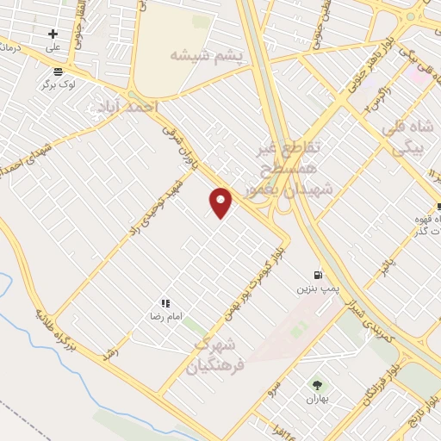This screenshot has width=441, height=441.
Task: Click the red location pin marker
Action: coord(221,202)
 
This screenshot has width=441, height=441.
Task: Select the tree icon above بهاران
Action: coord(317,384)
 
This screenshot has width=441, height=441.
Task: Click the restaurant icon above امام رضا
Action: coord(165,304)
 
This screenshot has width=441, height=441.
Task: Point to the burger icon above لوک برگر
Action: coord(58,71)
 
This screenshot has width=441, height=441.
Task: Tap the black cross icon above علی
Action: coord(53,34)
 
